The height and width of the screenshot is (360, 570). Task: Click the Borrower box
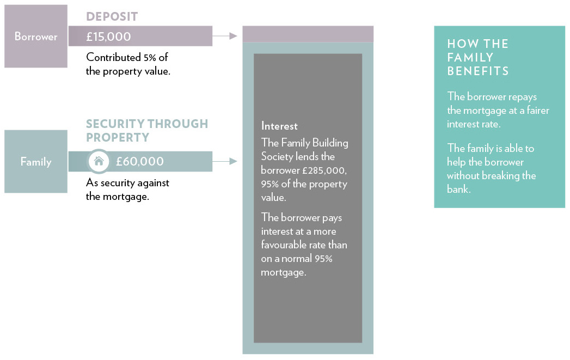(35, 36)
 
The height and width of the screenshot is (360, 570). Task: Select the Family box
(35, 161)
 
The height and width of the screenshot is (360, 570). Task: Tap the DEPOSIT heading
(112, 16)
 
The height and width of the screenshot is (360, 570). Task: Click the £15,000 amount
(108, 36)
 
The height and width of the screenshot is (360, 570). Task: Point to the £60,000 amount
(140, 161)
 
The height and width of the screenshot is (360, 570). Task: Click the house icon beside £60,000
(99, 161)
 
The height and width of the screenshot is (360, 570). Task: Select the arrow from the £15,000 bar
(225, 36)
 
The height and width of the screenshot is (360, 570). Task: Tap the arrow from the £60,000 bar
(225, 161)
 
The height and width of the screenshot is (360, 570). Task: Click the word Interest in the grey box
(279, 126)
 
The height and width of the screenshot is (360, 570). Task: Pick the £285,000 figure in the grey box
(324, 170)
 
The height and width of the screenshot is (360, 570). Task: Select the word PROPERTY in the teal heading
(118, 137)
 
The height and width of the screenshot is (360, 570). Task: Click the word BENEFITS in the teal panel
(477, 71)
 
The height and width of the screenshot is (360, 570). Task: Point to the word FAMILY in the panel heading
(470, 57)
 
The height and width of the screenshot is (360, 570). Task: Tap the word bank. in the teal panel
(459, 189)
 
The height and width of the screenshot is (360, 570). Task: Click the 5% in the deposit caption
(150, 57)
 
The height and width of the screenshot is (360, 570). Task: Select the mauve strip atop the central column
(308, 34)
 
